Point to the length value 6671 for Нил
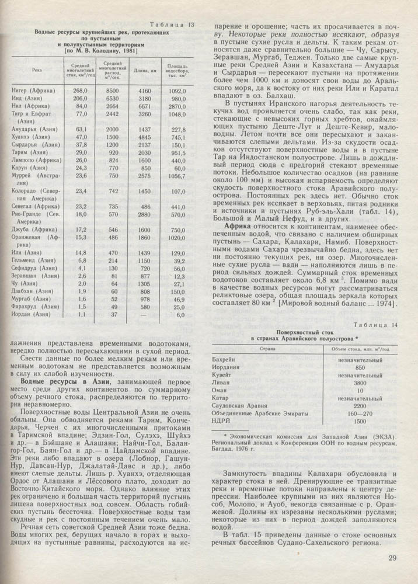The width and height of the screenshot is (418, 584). click(x=145, y=107)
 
